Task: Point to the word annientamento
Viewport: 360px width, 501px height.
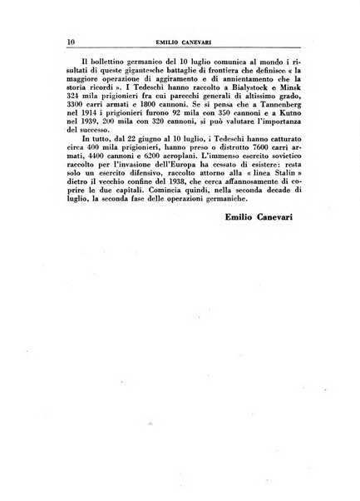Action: click(x=235, y=87)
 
